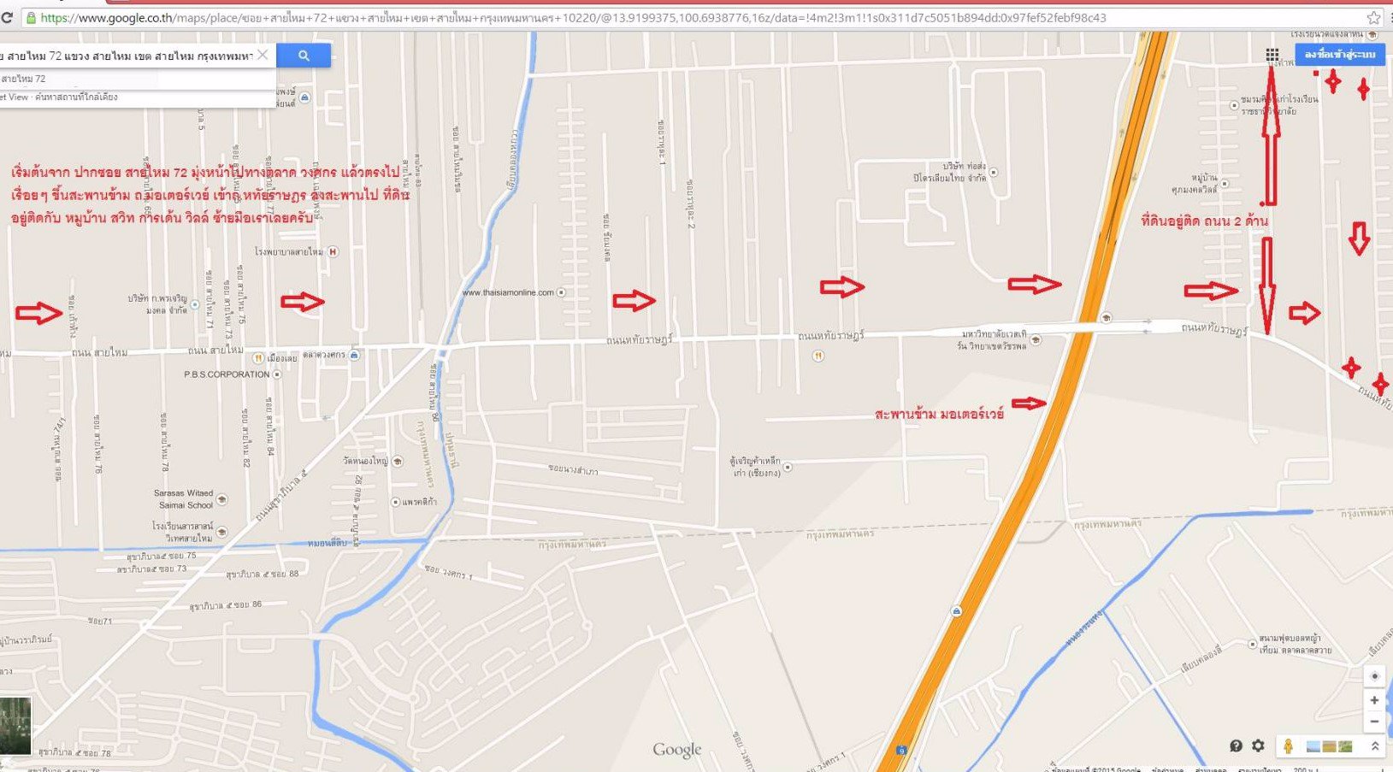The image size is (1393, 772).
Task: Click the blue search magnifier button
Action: (x=304, y=56)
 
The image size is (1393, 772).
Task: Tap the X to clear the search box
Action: (x=263, y=55)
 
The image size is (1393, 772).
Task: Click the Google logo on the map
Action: (x=676, y=750)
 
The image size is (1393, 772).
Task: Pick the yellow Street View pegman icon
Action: (x=1288, y=745)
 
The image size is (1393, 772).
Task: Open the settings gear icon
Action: (x=1258, y=745)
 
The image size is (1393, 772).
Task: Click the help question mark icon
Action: (x=1236, y=745)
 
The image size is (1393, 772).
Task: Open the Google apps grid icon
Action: (x=1272, y=55)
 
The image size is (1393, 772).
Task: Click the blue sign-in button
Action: (x=1339, y=54)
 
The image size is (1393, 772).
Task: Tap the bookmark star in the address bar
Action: (x=1373, y=17)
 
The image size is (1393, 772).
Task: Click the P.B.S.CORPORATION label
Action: (x=227, y=374)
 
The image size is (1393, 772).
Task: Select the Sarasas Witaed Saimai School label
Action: (x=184, y=499)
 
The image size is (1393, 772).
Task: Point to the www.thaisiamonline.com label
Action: (x=508, y=292)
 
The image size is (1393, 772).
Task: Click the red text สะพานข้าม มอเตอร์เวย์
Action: (x=939, y=415)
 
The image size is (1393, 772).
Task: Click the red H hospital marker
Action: (x=333, y=251)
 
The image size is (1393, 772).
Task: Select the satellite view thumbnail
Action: (x=15, y=725)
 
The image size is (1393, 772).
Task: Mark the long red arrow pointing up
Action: (x=1271, y=137)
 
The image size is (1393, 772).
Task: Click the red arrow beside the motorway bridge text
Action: (x=1030, y=403)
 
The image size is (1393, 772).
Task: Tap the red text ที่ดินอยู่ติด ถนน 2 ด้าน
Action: (x=1204, y=221)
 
